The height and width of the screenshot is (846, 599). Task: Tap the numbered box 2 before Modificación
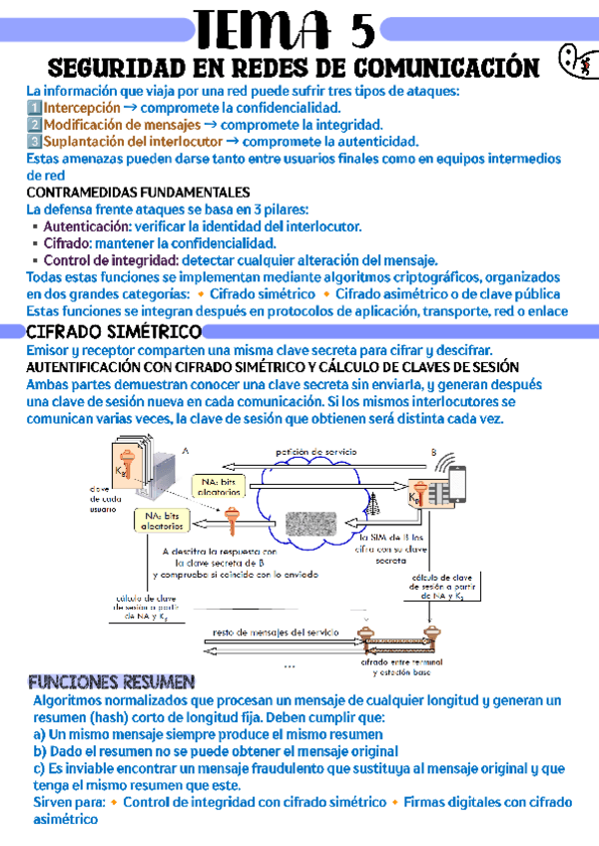pos(34,125)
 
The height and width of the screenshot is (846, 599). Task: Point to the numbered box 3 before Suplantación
pos(34,142)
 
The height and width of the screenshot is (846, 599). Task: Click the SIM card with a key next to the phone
pos(425,496)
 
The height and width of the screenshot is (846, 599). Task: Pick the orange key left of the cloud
pos(233,519)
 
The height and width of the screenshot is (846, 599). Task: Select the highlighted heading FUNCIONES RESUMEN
pos(111,683)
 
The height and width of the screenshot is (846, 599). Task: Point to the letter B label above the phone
pos(434,452)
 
